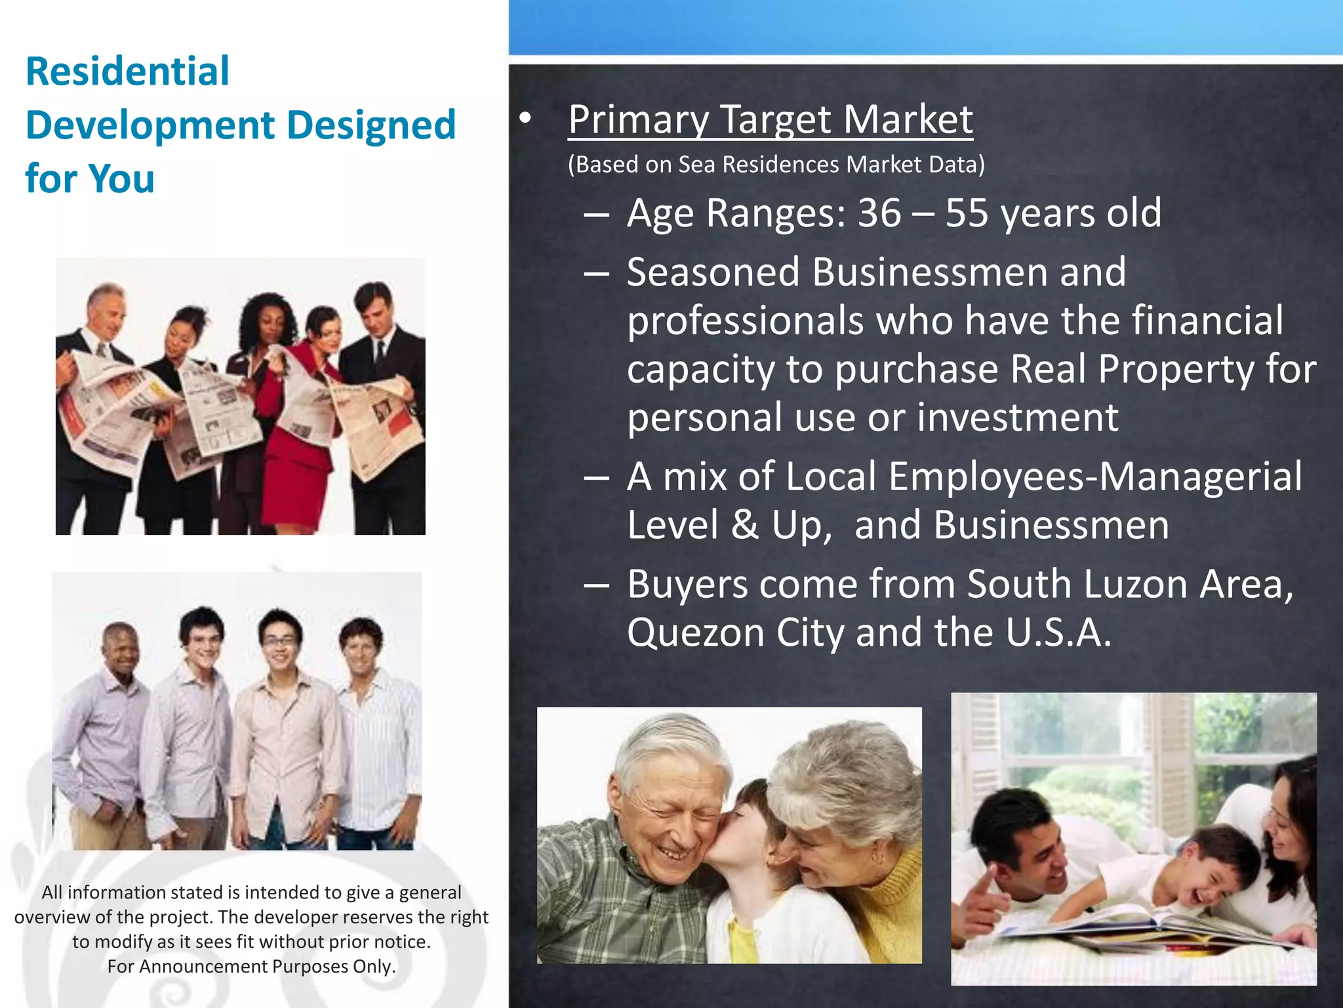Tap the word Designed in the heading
371,125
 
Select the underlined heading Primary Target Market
770,119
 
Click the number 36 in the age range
879,213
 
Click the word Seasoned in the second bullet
713,272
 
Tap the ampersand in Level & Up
745,526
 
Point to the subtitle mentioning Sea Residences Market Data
776,165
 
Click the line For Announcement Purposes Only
251,967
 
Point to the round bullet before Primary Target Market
525,118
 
